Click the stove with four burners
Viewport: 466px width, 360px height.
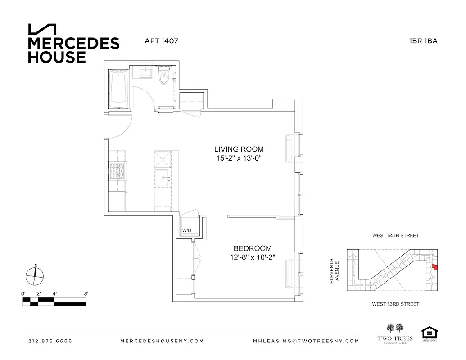pyautogui.click(x=118, y=171)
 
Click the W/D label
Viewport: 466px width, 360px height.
pyautogui.click(x=187, y=230)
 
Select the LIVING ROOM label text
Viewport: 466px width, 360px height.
pyautogui.click(x=239, y=149)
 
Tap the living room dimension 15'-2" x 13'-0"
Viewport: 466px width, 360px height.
pyautogui.click(x=239, y=158)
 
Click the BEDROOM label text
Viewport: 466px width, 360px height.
pyautogui.click(x=252, y=248)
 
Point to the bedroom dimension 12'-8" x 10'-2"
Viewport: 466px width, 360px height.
pyautogui.click(x=252, y=257)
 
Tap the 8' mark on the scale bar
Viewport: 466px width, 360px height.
pyautogui.click(x=86, y=293)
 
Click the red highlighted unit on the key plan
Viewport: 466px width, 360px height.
pyautogui.click(x=435, y=267)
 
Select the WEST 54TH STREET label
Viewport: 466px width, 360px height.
pyautogui.click(x=395, y=235)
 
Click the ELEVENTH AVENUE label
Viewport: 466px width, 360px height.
pyautogui.click(x=334, y=270)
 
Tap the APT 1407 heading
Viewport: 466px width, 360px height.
pyautogui.click(x=161, y=40)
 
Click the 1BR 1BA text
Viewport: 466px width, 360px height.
pyautogui.click(x=423, y=40)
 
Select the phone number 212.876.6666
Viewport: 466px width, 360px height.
pyautogui.click(x=50, y=341)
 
